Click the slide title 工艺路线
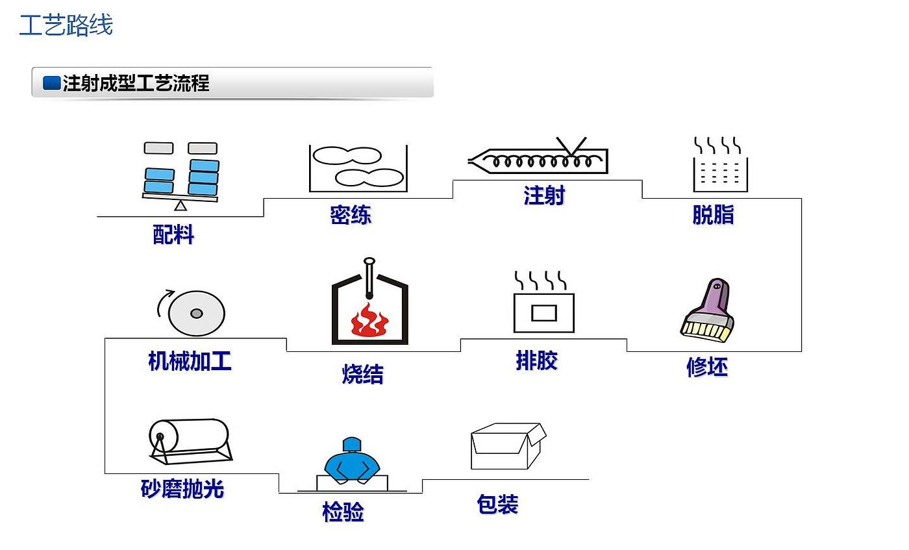click(x=66, y=25)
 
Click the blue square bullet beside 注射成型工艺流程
click(x=51, y=83)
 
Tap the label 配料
click(x=173, y=234)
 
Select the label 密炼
click(x=351, y=215)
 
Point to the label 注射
click(x=544, y=195)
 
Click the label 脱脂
click(x=713, y=215)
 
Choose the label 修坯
click(x=707, y=368)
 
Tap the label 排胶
click(x=537, y=360)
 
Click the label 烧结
click(x=363, y=374)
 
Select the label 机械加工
click(x=190, y=361)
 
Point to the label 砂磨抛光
click(x=182, y=489)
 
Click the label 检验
click(x=343, y=512)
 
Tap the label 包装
click(x=497, y=505)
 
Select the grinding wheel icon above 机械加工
click(x=196, y=314)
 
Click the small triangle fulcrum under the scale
click(x=181, y=205)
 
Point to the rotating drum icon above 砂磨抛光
click(x=190, y=439)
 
